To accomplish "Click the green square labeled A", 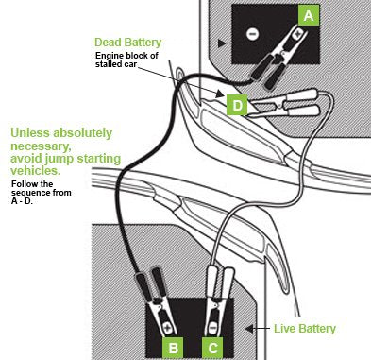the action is pyautogui.click(x=309, y=15).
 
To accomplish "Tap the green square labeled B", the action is pyautogui.click(x=173, y=348).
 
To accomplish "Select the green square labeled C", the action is pyautogui.click(x=212, y=348).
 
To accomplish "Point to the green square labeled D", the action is pyautogui.click(x=237, y=105).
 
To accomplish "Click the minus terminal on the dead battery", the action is pyautogui.click(x=252, y=34).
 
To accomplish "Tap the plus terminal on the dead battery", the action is pyautogui.click(x=297, y=33).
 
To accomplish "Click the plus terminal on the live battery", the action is pyautogui.click(x=167, y=328).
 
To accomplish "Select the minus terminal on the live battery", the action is pyautogui.click(x=212, y=328).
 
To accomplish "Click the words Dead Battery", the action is pyautogui.click(x=127, y=43).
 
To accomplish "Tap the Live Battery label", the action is pyautogui.click(x=305, y=329).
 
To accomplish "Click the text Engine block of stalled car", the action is pyautogui.click(x=126, y=60).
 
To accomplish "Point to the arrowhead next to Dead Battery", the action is pyautogui.click(x=222, y=43).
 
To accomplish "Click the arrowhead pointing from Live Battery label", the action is pyautogui.click(x=249, y=329).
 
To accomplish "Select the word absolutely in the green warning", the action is pyautogui.click(x=82, y=133).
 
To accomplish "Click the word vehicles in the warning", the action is pyautogui.click(x=36, y=170).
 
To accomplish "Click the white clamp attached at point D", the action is pyautogui.click(x=283, y=103).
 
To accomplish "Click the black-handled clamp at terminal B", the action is pyautogui.click(x=156, y=300).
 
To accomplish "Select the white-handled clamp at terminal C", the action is pyautogui.click(x=218, y=300).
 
